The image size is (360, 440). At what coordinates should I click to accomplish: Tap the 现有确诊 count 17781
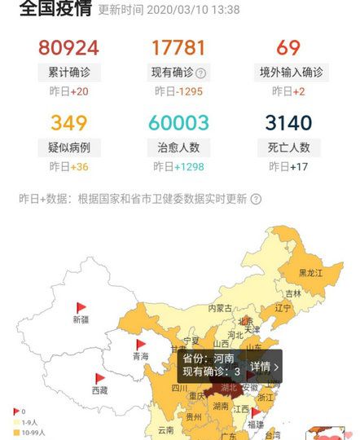(178, 47)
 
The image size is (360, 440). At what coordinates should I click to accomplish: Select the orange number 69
(288, 47)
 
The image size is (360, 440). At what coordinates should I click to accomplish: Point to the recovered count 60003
(178, 123)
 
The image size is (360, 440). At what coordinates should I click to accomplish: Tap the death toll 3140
(288, 123)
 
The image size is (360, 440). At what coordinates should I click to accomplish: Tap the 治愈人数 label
(178, 147)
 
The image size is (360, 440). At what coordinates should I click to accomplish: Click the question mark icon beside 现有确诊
(201, 73)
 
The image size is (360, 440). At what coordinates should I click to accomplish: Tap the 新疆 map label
(81, 319)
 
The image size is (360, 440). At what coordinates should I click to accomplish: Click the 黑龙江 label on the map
(310, 273)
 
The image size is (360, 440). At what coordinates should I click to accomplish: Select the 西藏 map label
(99, 390)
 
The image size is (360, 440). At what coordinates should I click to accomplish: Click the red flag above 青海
(142, 345)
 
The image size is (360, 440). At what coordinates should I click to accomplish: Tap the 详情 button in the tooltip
(264, 367)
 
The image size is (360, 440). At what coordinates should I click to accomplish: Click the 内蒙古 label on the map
(220, 308)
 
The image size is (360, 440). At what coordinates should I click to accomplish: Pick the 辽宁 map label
(283, 308)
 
